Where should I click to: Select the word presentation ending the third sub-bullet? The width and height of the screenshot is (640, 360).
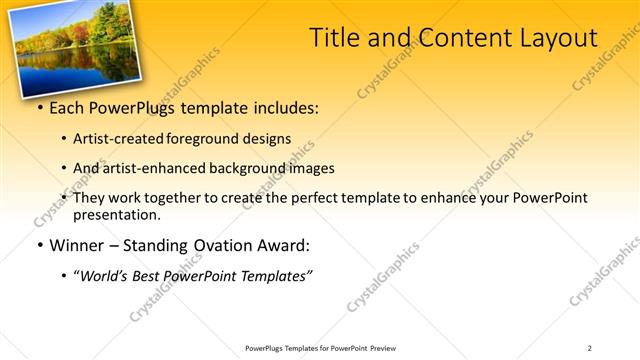[x=116, y=215]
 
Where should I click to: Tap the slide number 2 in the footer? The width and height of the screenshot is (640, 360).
[x=590, y=348]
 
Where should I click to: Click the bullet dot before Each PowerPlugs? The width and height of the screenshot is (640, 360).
[x=39, y=108]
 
